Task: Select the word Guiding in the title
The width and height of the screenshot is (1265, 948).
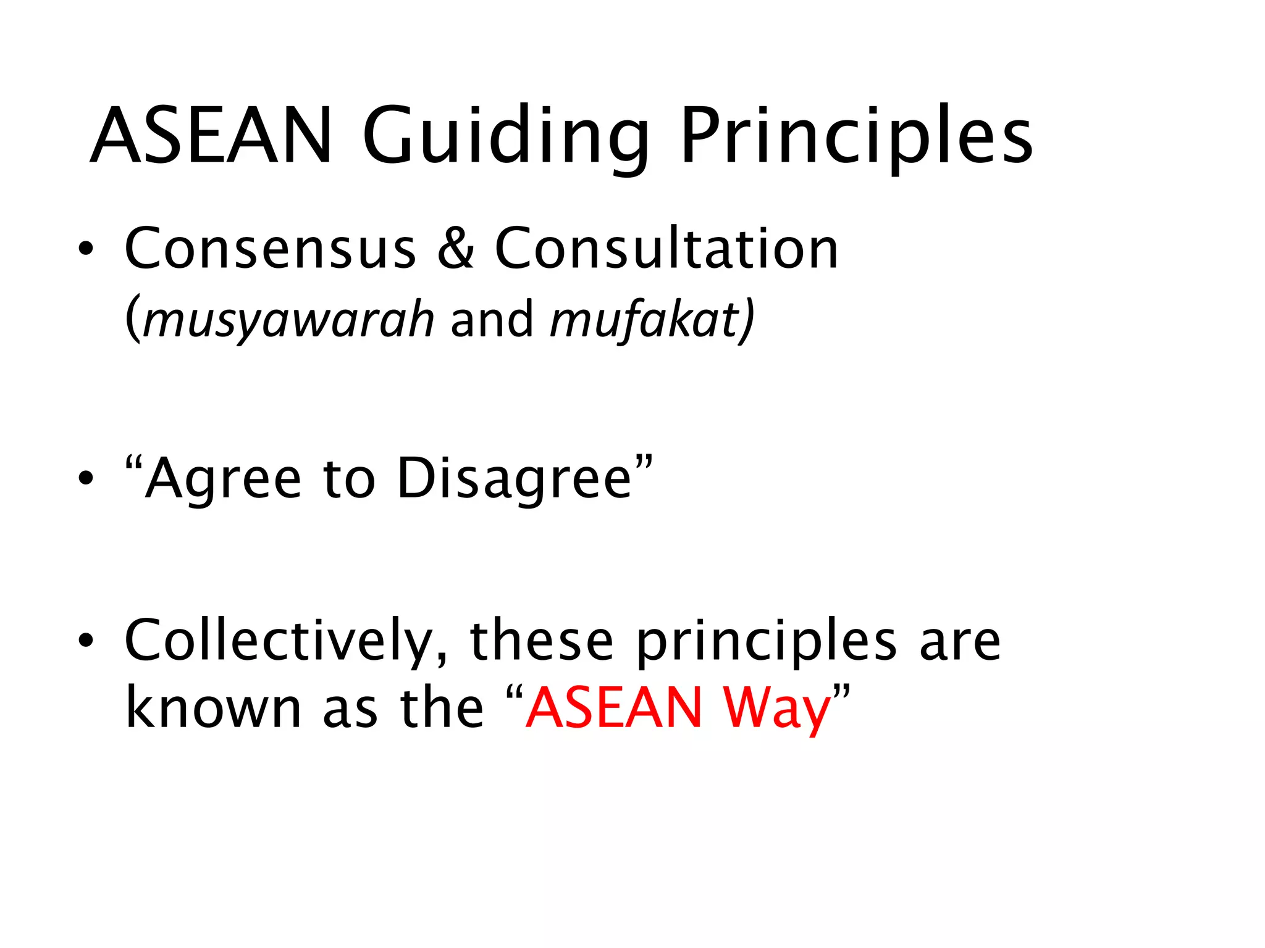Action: [505, 137]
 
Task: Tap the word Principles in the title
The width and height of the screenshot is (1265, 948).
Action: [856, 137]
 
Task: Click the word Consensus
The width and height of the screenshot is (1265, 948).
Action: [271, 248]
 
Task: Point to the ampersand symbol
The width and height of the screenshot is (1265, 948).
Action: [456, 248]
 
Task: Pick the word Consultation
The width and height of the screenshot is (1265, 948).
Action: [666, 248]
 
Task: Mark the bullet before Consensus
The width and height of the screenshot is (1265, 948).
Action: [86, 249]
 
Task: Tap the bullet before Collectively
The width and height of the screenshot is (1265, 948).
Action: [86, 641]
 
